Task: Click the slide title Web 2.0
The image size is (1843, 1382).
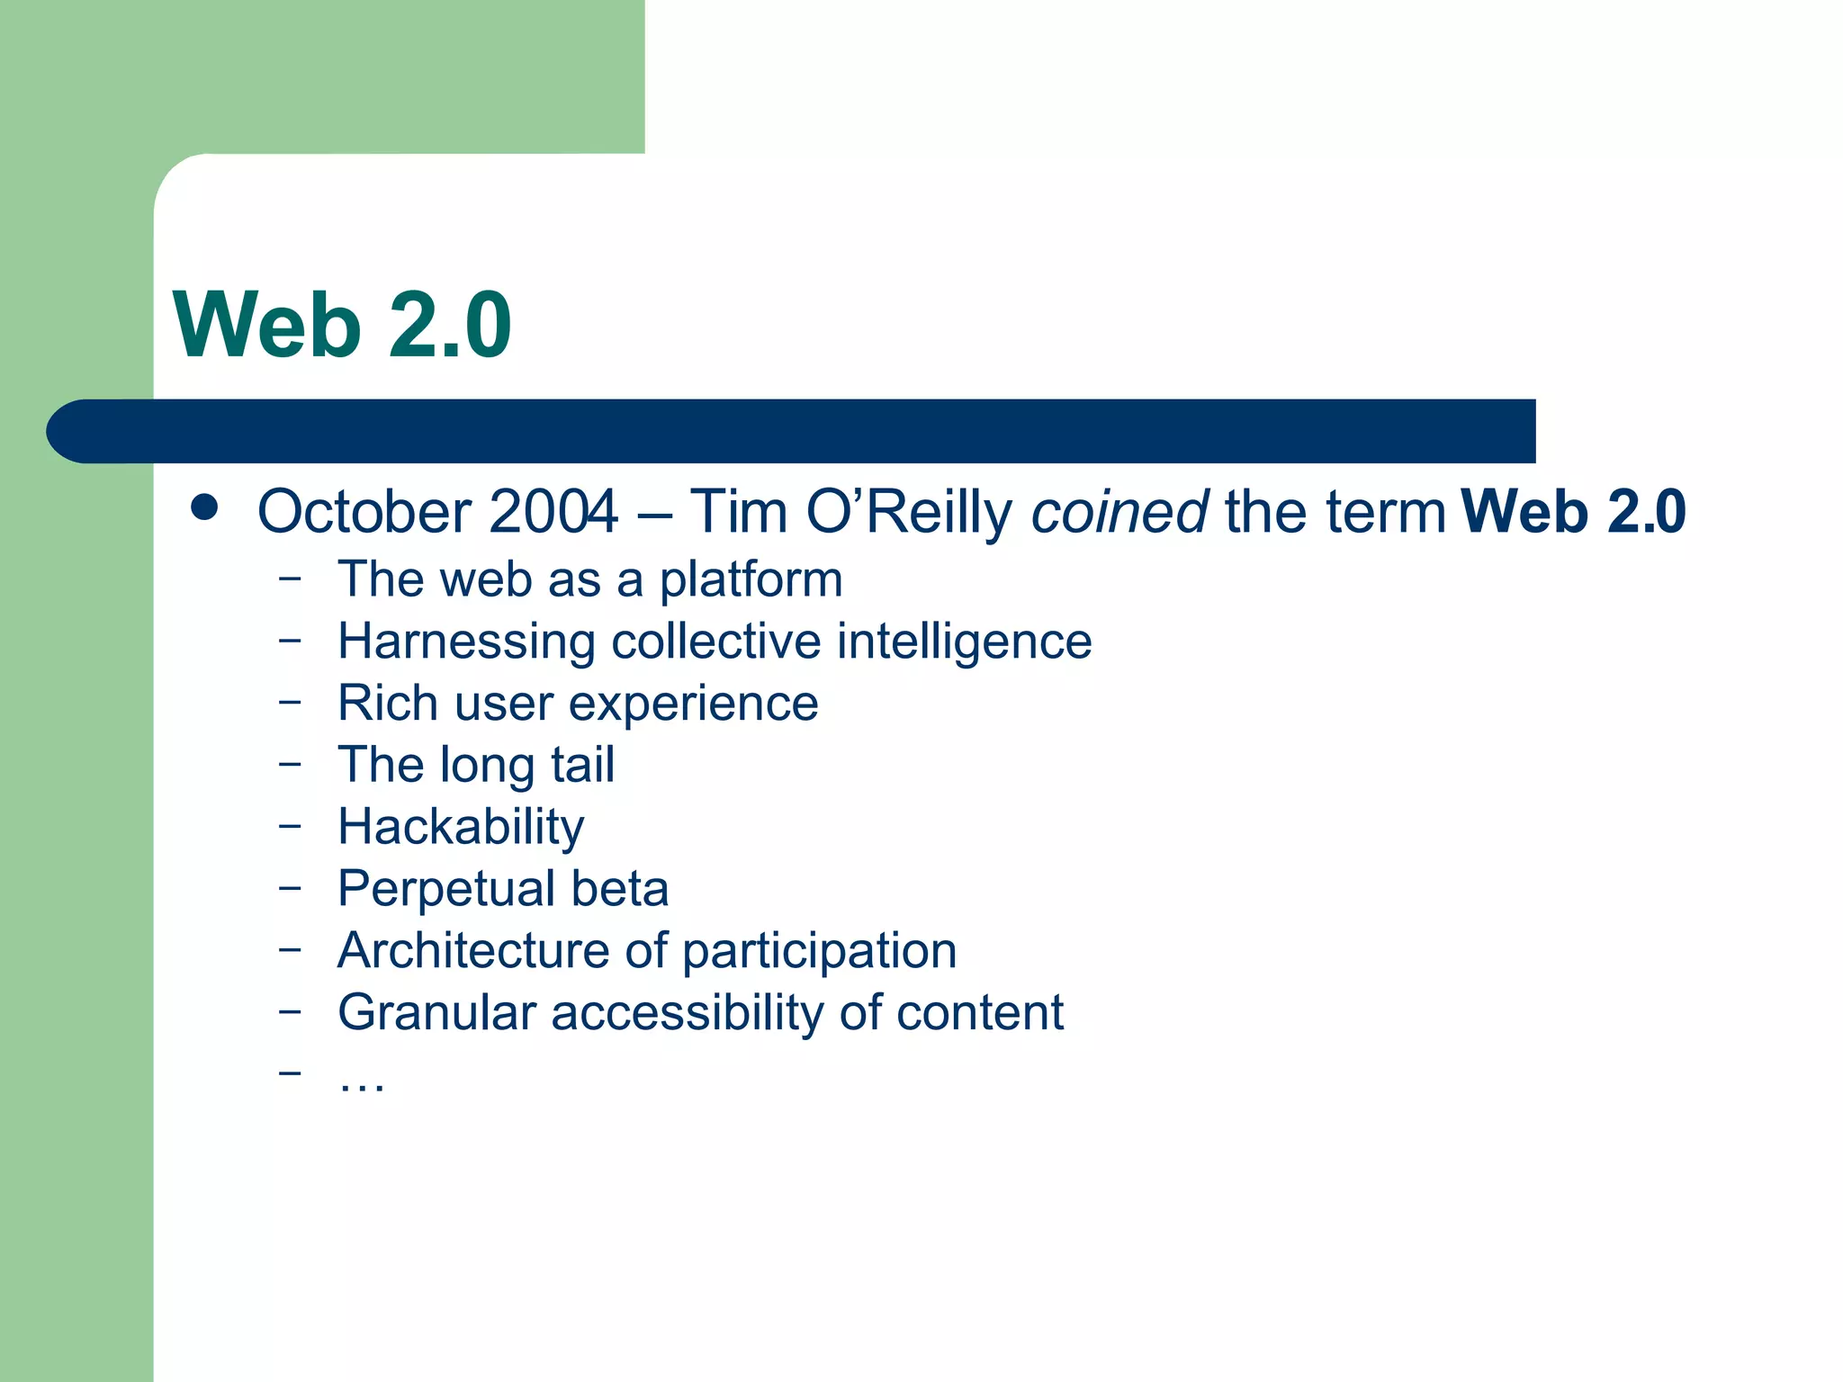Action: click(342, 326)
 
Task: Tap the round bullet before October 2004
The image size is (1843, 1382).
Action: click(205, 507)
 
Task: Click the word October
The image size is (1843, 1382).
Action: click(364, 511)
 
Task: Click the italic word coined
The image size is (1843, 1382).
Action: click(1119, 511)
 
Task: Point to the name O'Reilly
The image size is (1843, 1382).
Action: click(909, 511)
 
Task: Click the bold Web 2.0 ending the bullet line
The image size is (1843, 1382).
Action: click(1573, 511)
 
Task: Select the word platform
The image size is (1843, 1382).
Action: click(751, 580)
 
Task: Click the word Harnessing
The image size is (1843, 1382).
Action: click(466, 642)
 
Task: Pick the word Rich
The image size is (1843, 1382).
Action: click(387, 703)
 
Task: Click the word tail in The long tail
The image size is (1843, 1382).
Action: click(583, 765)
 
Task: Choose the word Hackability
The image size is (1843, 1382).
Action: click(461, 827)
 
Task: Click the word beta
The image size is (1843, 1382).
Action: click(620, 888)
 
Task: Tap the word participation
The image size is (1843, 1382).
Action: click(819, 952)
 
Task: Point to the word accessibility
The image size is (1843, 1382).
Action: click(687, 1012)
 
